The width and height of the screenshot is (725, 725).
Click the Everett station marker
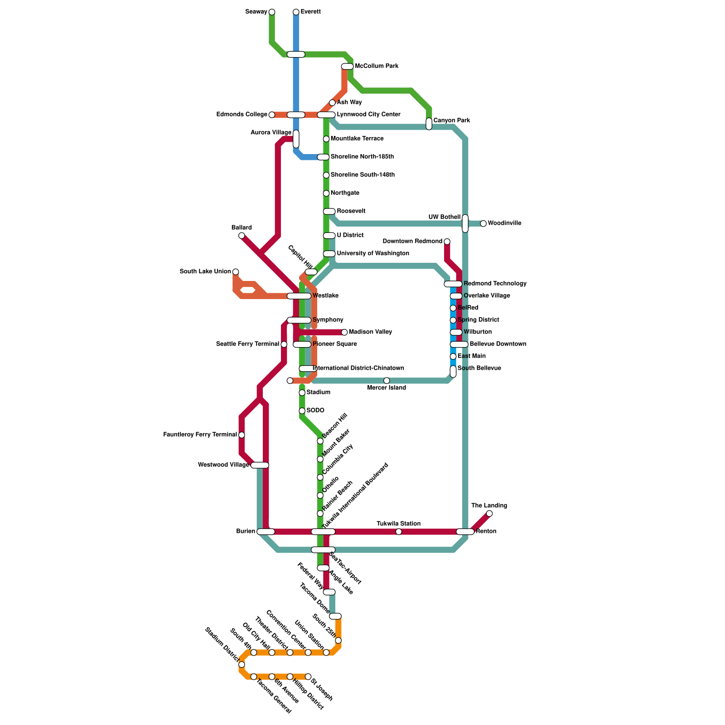(296, 12)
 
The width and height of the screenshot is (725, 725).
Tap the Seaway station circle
(272, 12)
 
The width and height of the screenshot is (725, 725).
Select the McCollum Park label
(377, 66)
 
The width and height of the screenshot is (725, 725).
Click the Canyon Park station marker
(429, 124)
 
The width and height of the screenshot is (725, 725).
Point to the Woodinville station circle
(483, 223)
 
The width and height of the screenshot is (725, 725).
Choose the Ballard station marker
(242, 236)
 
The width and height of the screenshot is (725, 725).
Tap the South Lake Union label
(205, 271)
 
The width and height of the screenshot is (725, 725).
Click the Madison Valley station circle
(344, 332)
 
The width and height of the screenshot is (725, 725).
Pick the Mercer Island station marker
(387, 381)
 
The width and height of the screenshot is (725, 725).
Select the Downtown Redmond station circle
(447, 242)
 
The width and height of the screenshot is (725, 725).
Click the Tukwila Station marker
(399, 532)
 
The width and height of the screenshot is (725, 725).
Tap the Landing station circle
(489, 513)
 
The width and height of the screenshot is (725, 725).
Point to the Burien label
(246, 532)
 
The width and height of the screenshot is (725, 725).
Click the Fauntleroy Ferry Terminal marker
(242, 435)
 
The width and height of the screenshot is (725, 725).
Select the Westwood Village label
(223, 465)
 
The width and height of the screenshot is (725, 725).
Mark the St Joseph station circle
(308, 677)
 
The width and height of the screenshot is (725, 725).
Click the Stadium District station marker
(242, 665)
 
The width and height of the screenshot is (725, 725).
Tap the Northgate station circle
(326, 193)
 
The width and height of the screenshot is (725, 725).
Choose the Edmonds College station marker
(272, 115)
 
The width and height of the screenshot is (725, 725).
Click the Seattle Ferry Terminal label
(247, 344)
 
